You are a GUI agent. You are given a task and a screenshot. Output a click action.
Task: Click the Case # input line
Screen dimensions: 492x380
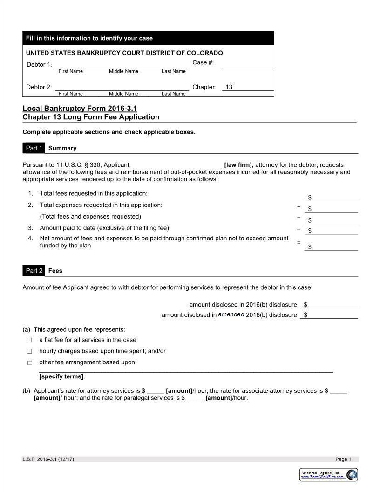(248, 64)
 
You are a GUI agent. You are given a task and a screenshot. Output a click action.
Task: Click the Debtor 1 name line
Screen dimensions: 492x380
(122, 64)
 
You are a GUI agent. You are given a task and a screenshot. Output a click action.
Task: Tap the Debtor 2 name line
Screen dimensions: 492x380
(122, 87)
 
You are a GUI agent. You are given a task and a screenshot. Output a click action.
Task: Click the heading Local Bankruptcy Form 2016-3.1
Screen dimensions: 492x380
(80, 108)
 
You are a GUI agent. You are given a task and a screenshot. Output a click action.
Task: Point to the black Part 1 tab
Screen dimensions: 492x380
(34, 148)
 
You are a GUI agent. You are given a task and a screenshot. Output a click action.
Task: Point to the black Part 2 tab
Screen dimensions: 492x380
(34, 270)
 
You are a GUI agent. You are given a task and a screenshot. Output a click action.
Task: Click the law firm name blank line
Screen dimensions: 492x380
(177, 165)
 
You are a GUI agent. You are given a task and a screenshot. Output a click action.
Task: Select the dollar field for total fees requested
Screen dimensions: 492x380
(332, 198)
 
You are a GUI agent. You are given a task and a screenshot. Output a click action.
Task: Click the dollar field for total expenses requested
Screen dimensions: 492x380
(332, 209)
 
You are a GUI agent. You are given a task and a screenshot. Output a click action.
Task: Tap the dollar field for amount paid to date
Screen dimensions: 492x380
(332, 230)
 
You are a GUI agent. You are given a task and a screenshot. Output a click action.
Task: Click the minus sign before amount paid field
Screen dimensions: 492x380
(299, 229)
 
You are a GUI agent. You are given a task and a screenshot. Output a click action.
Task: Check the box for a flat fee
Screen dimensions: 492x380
(29, 340)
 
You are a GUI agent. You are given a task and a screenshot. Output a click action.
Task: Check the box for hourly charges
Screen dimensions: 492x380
(29, 351)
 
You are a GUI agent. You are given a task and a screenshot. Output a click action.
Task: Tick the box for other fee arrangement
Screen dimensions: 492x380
(29, 363)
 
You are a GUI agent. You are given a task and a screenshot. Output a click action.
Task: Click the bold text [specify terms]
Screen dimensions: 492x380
(61, 376)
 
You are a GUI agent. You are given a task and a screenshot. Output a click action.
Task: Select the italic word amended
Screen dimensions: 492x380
(231, 314)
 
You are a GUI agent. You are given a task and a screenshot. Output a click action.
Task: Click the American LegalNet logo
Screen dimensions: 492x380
(329, 475)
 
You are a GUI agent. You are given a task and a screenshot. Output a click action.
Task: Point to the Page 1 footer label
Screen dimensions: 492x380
(343, 459)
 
